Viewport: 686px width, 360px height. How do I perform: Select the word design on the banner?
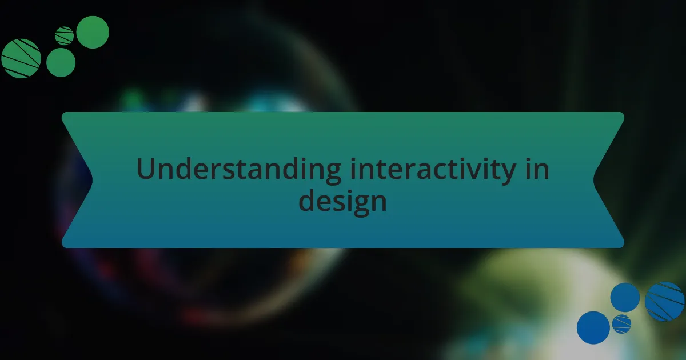[342, 202]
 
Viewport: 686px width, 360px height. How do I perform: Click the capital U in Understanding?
[146, 170]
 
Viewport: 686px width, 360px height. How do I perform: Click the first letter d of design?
[308, 201]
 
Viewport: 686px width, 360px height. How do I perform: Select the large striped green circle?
[21, 58]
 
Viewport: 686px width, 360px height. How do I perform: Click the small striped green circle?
[64, 36]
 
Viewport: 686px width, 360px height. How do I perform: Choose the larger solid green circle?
[93, 32]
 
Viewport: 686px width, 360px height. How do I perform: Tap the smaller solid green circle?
[61, 62]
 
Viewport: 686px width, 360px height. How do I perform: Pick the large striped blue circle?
[664, 301]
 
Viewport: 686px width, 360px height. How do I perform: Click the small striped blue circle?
[621, 324]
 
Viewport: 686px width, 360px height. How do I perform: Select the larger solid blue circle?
[593, 327]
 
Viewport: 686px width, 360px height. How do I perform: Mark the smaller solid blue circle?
[625, 298]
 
